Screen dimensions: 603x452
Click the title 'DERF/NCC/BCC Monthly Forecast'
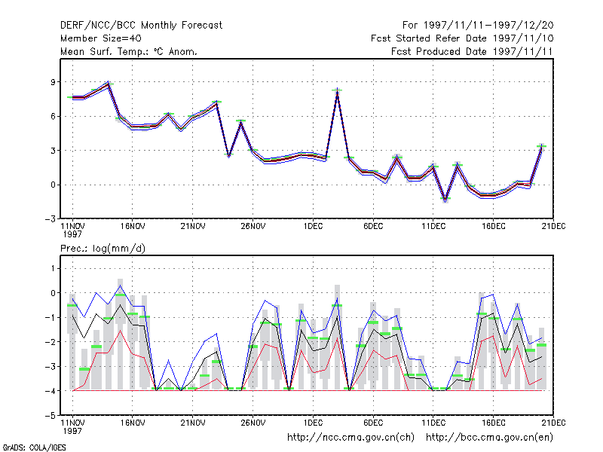141,26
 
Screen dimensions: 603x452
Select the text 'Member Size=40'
101,38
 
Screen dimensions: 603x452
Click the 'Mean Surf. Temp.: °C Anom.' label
129,51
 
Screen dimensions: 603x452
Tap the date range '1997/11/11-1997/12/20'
488,26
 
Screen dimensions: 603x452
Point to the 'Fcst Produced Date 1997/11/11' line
472,51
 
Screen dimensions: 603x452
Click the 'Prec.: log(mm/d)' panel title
103,249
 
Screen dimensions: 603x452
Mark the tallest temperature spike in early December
337,91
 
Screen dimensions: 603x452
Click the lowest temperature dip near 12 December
445,200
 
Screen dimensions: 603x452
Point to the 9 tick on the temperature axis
53,82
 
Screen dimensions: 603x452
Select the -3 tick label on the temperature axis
51,219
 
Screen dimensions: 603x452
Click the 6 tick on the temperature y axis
53,116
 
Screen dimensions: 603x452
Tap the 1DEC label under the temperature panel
313,226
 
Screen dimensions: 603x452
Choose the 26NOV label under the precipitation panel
253,423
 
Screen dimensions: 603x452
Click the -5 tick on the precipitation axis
51,416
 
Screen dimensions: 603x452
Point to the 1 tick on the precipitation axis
53,268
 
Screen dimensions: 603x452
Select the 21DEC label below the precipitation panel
553,423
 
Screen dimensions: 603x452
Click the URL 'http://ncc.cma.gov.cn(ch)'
351,438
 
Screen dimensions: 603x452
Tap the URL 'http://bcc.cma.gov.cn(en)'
489,438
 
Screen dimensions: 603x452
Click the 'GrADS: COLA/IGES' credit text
34,447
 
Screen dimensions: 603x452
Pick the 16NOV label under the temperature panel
133,226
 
